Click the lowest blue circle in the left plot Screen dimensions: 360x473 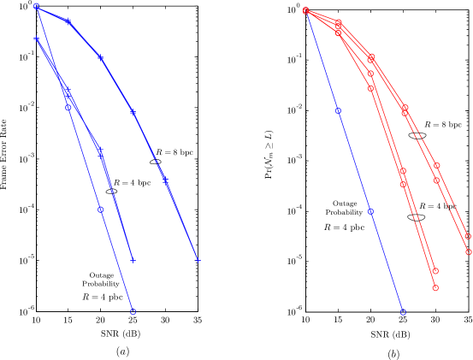(133, 312)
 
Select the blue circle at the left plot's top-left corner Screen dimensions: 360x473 (36, 6)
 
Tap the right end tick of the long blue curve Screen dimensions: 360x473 (198, 259)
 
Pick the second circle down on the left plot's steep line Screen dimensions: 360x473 (68, 107)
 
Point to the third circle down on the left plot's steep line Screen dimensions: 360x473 (100, 210)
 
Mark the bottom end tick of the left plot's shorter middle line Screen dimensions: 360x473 (133, 259)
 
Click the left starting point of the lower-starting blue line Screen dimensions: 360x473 (36, 38)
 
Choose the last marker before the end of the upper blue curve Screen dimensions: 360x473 (133, 112)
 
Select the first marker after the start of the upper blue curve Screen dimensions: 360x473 (68, 21)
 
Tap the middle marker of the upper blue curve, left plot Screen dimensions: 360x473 (100, 57)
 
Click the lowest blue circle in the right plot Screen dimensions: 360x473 (403, 312)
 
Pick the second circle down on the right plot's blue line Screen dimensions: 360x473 (338, 110)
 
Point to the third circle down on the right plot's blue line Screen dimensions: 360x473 (370, 210)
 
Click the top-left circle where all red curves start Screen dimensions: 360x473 (305, 11)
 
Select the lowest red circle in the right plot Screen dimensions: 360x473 (435, 288)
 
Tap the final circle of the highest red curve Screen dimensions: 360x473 (468, 236)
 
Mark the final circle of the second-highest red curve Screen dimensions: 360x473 (468, 252)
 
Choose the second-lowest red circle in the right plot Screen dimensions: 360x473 (435, 271)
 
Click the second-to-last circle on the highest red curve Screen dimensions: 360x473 (436, 166)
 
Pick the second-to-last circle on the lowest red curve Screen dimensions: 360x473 (403, 184)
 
